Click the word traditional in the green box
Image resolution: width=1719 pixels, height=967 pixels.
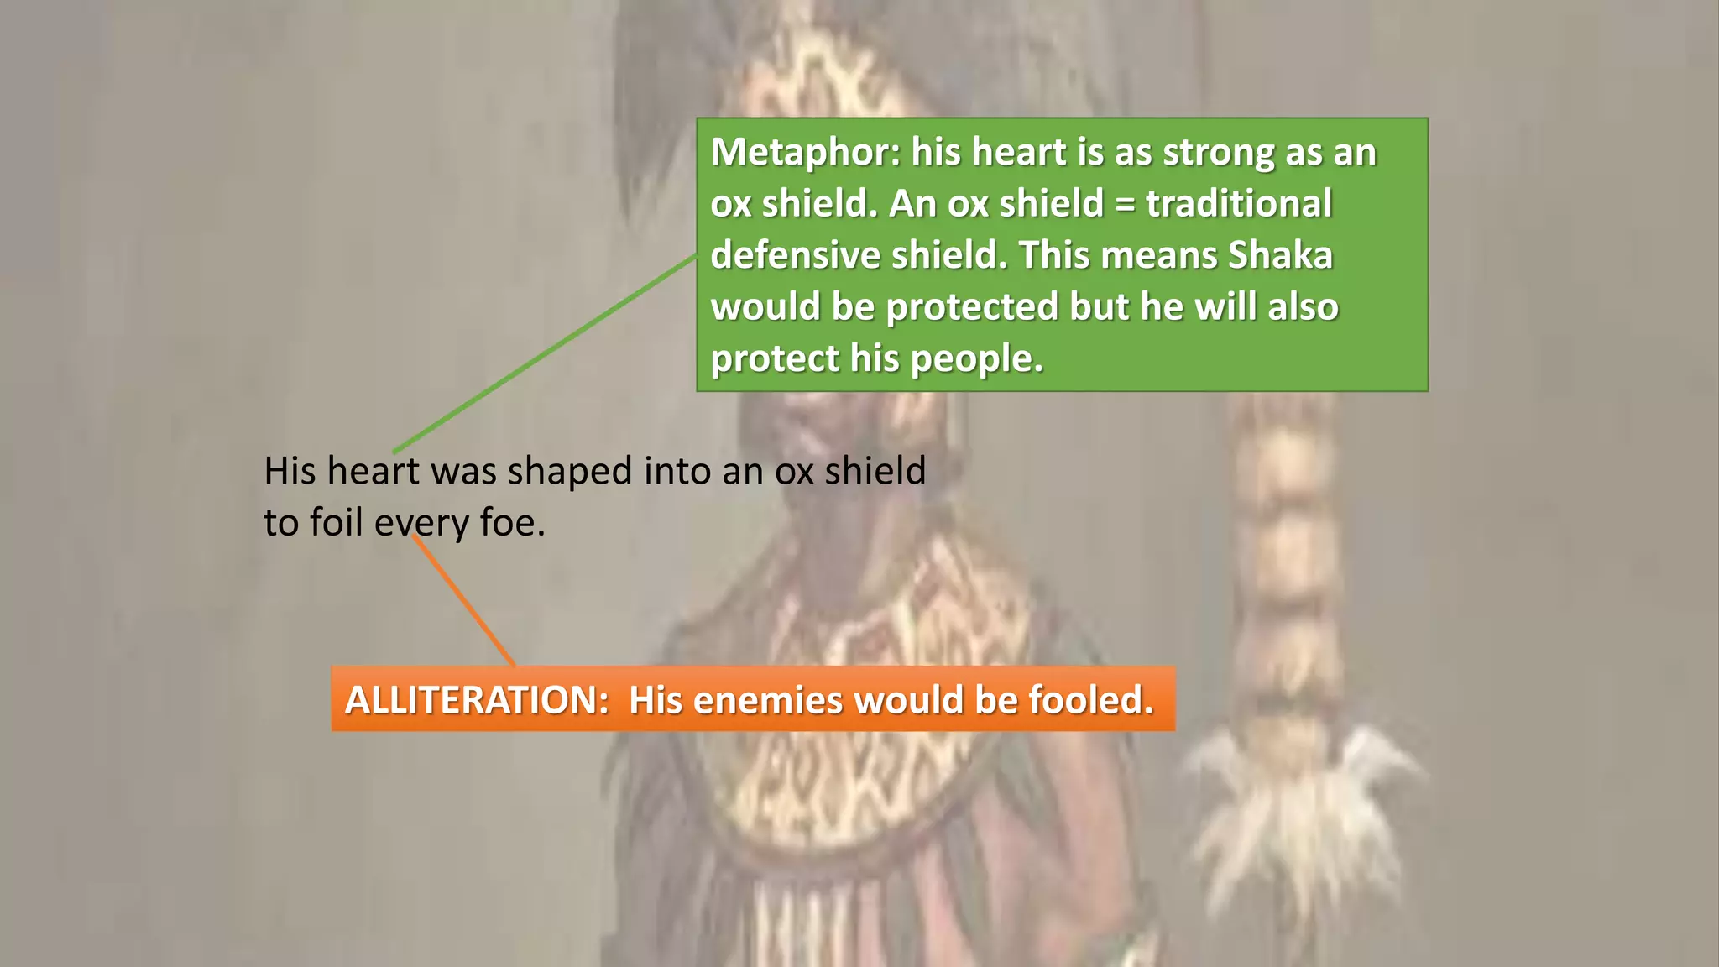[x=1239, y=204]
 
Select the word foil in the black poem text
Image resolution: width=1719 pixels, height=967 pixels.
[x=339, y=522]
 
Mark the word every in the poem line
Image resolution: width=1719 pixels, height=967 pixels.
[x=422, y=524]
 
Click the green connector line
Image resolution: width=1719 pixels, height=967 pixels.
[x=546, y=354]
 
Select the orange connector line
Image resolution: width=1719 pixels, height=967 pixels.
[x=463, y=601]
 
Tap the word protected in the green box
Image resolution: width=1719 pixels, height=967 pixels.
[x=971, y=307]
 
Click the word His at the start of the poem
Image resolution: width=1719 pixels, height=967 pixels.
[x=290, y=471]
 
